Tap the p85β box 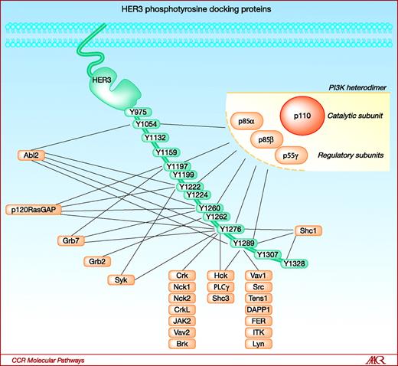[267, 139]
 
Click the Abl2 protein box [31, 155]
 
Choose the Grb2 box [96, 261]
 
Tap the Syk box [121, 279]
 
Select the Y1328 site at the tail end [294, 264]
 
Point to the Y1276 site [231, 229]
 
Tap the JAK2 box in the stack [182, 322]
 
